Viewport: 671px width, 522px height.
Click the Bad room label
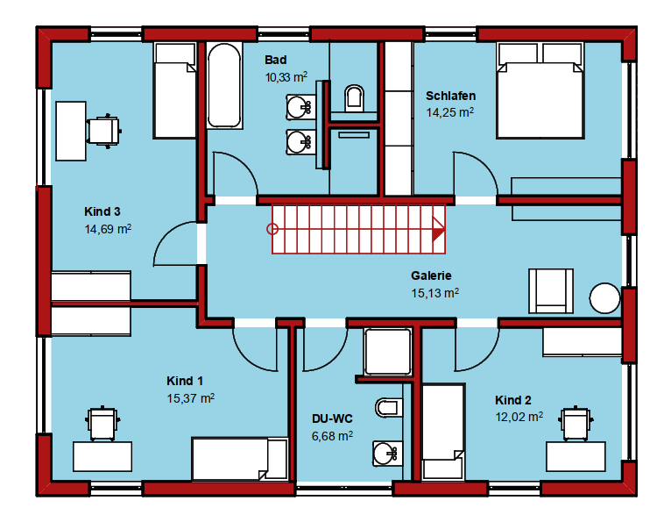[x=276, y=60]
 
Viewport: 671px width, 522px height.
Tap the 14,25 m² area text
[x=449, y=112]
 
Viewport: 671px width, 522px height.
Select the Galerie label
[x=431, y=275]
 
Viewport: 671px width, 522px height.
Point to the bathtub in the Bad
[x=223, y=85]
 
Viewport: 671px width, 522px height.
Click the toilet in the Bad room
[x=354, y=98]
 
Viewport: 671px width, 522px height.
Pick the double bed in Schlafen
[x=540, y=90]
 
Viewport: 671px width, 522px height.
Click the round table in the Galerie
[x=604, y=298]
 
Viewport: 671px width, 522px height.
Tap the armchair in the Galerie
[x=551, y=291]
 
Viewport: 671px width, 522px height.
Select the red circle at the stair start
[x=272, y=229]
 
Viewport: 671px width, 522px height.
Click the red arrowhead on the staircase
[x=438, y=230]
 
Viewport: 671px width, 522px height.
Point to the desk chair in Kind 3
[x=104, y=131]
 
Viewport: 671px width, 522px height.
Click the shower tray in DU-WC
[x=388, y=352]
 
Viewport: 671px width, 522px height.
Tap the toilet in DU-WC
[x=389, y=407]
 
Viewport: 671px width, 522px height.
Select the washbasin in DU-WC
[x=387, y=454]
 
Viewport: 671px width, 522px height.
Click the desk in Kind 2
[x=576, y=456]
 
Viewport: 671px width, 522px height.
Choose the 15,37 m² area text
[x=190, y=398]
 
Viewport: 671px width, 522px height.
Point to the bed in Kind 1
[x=239, y=459]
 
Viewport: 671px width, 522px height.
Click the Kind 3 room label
[x=102, y=211]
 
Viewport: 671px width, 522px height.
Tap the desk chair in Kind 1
[x=102, y=423]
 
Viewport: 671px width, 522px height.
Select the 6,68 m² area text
[x=332, y=436]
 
